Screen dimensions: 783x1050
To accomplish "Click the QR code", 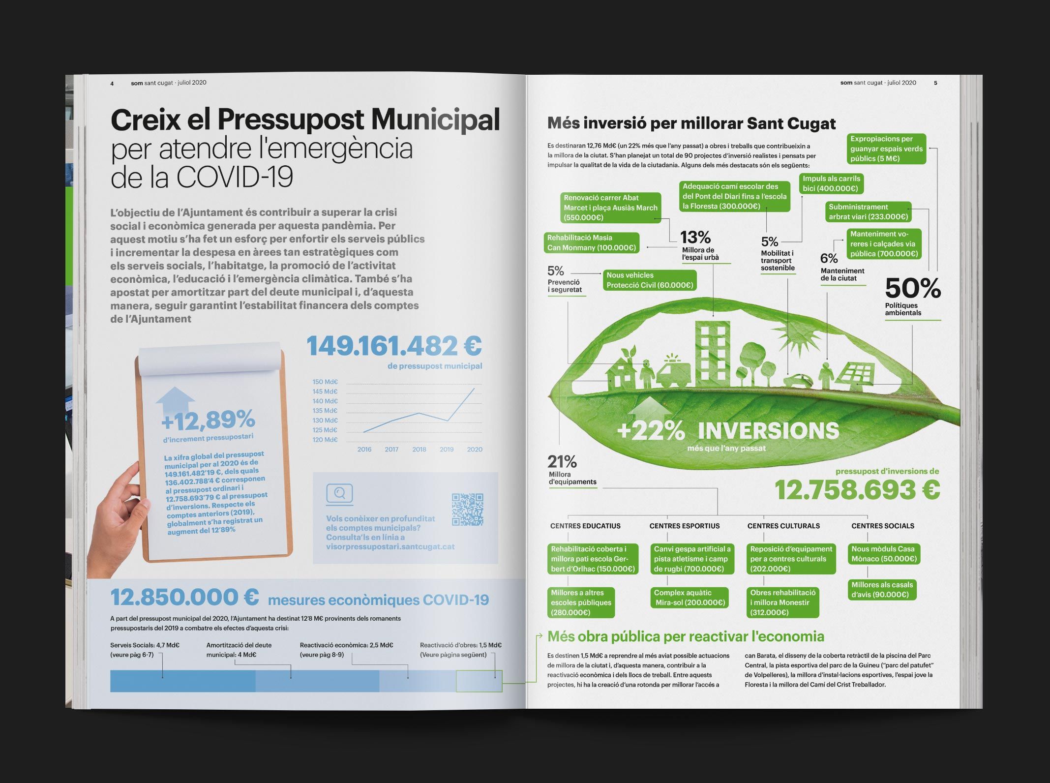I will tap(467, 510).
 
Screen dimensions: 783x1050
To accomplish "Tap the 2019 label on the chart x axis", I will tap(447, 450).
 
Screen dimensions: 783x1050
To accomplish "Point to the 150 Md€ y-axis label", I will tap(325, 382).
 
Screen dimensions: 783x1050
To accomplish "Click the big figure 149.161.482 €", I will tap(394, 346).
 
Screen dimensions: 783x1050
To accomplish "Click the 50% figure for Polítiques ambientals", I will tap(913, 288).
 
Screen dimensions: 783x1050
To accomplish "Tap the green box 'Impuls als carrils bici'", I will tap(831, 183).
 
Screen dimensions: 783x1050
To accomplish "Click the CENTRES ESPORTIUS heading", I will tap(684, 526).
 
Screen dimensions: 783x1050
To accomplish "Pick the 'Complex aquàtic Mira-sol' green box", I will tap(690, 598).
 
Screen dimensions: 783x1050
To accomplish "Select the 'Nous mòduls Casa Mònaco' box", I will tap(883, 554).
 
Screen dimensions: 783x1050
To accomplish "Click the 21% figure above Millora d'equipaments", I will tap(562, 461).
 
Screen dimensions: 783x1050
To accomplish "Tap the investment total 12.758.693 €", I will tap(857, 490).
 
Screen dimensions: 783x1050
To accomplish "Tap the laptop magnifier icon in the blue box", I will tap(339, 493).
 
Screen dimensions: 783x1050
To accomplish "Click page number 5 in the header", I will tap(935, 83).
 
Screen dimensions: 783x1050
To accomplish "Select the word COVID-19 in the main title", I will tap(235, 178).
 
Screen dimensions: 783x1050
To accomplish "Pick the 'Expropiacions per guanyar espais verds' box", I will tap(886, 149).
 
